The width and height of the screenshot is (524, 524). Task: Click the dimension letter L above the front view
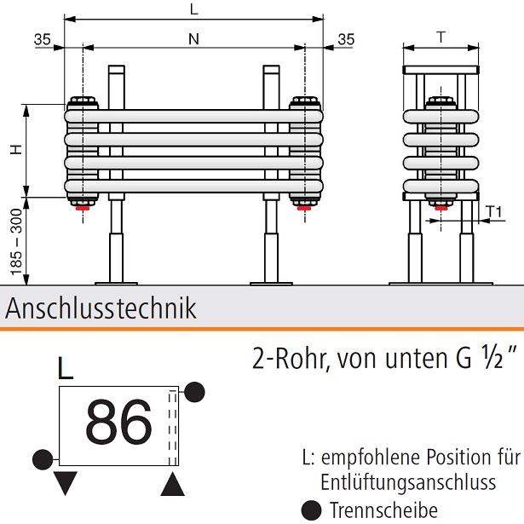[x=194, y=10]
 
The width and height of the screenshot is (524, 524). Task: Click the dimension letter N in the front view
[x=194, y=38]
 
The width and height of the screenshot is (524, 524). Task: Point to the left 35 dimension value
[x=44, y=38]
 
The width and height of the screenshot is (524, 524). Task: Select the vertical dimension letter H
[x=15, y=150]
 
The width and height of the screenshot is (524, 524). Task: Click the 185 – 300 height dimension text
[x=15, y=242]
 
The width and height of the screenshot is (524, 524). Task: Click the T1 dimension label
[x=494, y=210]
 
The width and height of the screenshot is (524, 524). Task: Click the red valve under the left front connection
[x=83, y=206]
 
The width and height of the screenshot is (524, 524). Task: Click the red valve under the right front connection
[x=304, y=206]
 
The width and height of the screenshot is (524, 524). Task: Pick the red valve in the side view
[x=440, y=206]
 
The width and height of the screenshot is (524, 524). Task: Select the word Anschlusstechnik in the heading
[x=101, y=308]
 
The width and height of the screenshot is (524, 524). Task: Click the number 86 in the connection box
[x=119, y=421]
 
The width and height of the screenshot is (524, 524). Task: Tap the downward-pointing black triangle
[x=66, y=484]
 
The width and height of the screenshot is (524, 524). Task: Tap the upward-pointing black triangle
[x=173, y=484]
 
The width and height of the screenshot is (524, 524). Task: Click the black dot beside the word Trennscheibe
[x=312, y=510]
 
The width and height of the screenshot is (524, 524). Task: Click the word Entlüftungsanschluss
[x=408, y=483]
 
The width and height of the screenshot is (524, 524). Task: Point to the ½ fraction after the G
[x=493, y=357]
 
